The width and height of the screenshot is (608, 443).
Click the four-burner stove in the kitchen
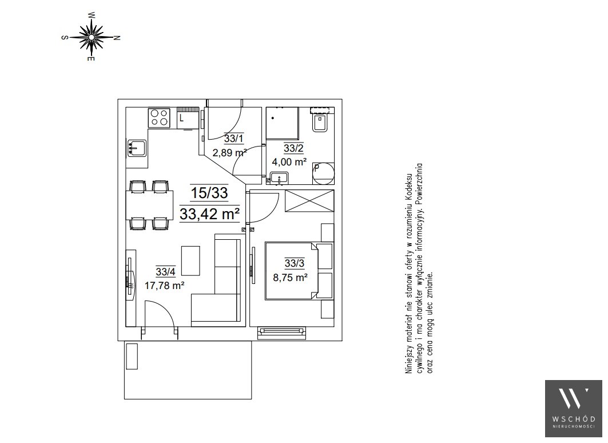160,118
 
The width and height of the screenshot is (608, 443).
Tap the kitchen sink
137,148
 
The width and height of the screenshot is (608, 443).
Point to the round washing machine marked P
323,173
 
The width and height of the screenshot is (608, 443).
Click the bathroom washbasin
279,179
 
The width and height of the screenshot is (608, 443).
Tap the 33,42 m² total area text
209,213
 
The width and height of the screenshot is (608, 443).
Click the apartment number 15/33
209,193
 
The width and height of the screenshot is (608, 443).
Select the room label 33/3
295,263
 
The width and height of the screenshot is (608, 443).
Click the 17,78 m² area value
164,286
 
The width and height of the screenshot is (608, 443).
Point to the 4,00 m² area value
289,162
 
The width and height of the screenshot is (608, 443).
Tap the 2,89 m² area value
229,152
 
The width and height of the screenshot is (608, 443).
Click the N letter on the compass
117,38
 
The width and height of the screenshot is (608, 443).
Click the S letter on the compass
65,38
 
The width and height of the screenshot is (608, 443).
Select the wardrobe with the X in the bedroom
309,201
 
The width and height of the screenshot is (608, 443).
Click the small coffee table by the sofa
191,260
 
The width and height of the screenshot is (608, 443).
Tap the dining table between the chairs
150,205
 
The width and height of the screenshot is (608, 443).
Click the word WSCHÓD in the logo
574,419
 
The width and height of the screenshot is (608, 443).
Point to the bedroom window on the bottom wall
283,331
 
